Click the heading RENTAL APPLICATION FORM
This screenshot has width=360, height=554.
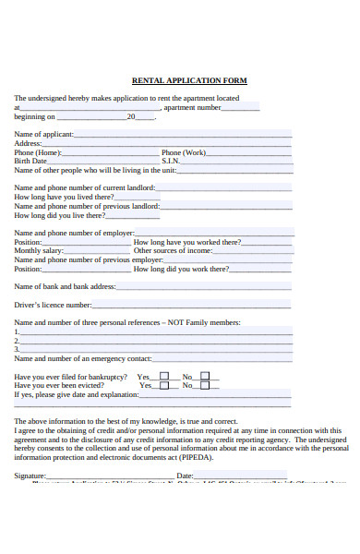point(189,80)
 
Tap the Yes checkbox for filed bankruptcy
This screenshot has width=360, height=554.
point(164,376)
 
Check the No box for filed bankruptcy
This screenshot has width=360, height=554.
point(205,376)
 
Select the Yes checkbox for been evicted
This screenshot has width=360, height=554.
point(164,385)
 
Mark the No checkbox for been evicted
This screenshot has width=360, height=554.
point(205,385)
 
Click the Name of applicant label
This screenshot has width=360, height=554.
point(43,135)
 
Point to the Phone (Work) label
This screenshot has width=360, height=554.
point(184,152)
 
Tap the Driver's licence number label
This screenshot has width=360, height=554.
point(53,304)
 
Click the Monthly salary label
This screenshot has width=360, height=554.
point(39,250)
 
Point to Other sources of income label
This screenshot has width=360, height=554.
point(173,250)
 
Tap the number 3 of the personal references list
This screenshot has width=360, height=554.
point(17,348)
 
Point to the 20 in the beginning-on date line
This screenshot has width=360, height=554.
point(131,117)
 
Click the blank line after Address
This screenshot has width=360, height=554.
point(166,144)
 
